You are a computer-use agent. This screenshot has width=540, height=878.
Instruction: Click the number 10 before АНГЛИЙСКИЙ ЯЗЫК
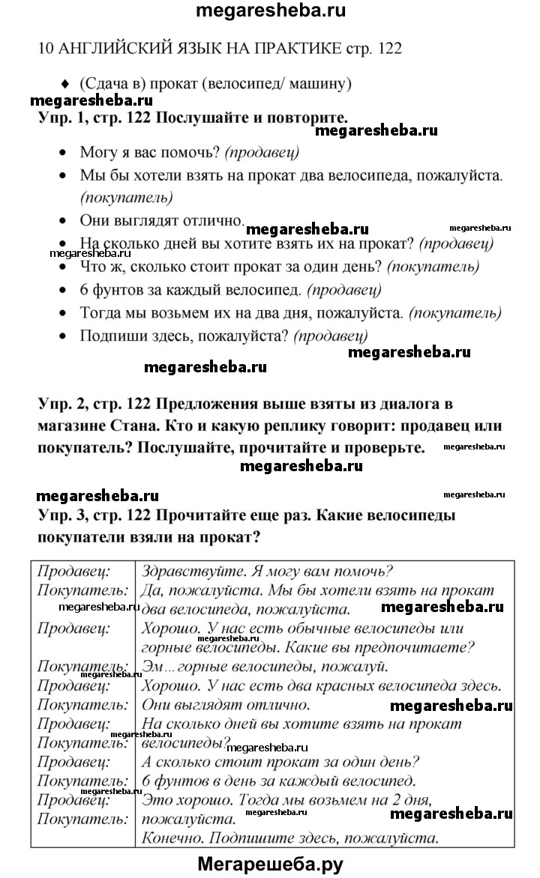tap(44, 49)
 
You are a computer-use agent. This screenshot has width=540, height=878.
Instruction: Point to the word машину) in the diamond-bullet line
tap(323, 83)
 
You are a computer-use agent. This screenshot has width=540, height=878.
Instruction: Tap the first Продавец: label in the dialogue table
tap(73, 571)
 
